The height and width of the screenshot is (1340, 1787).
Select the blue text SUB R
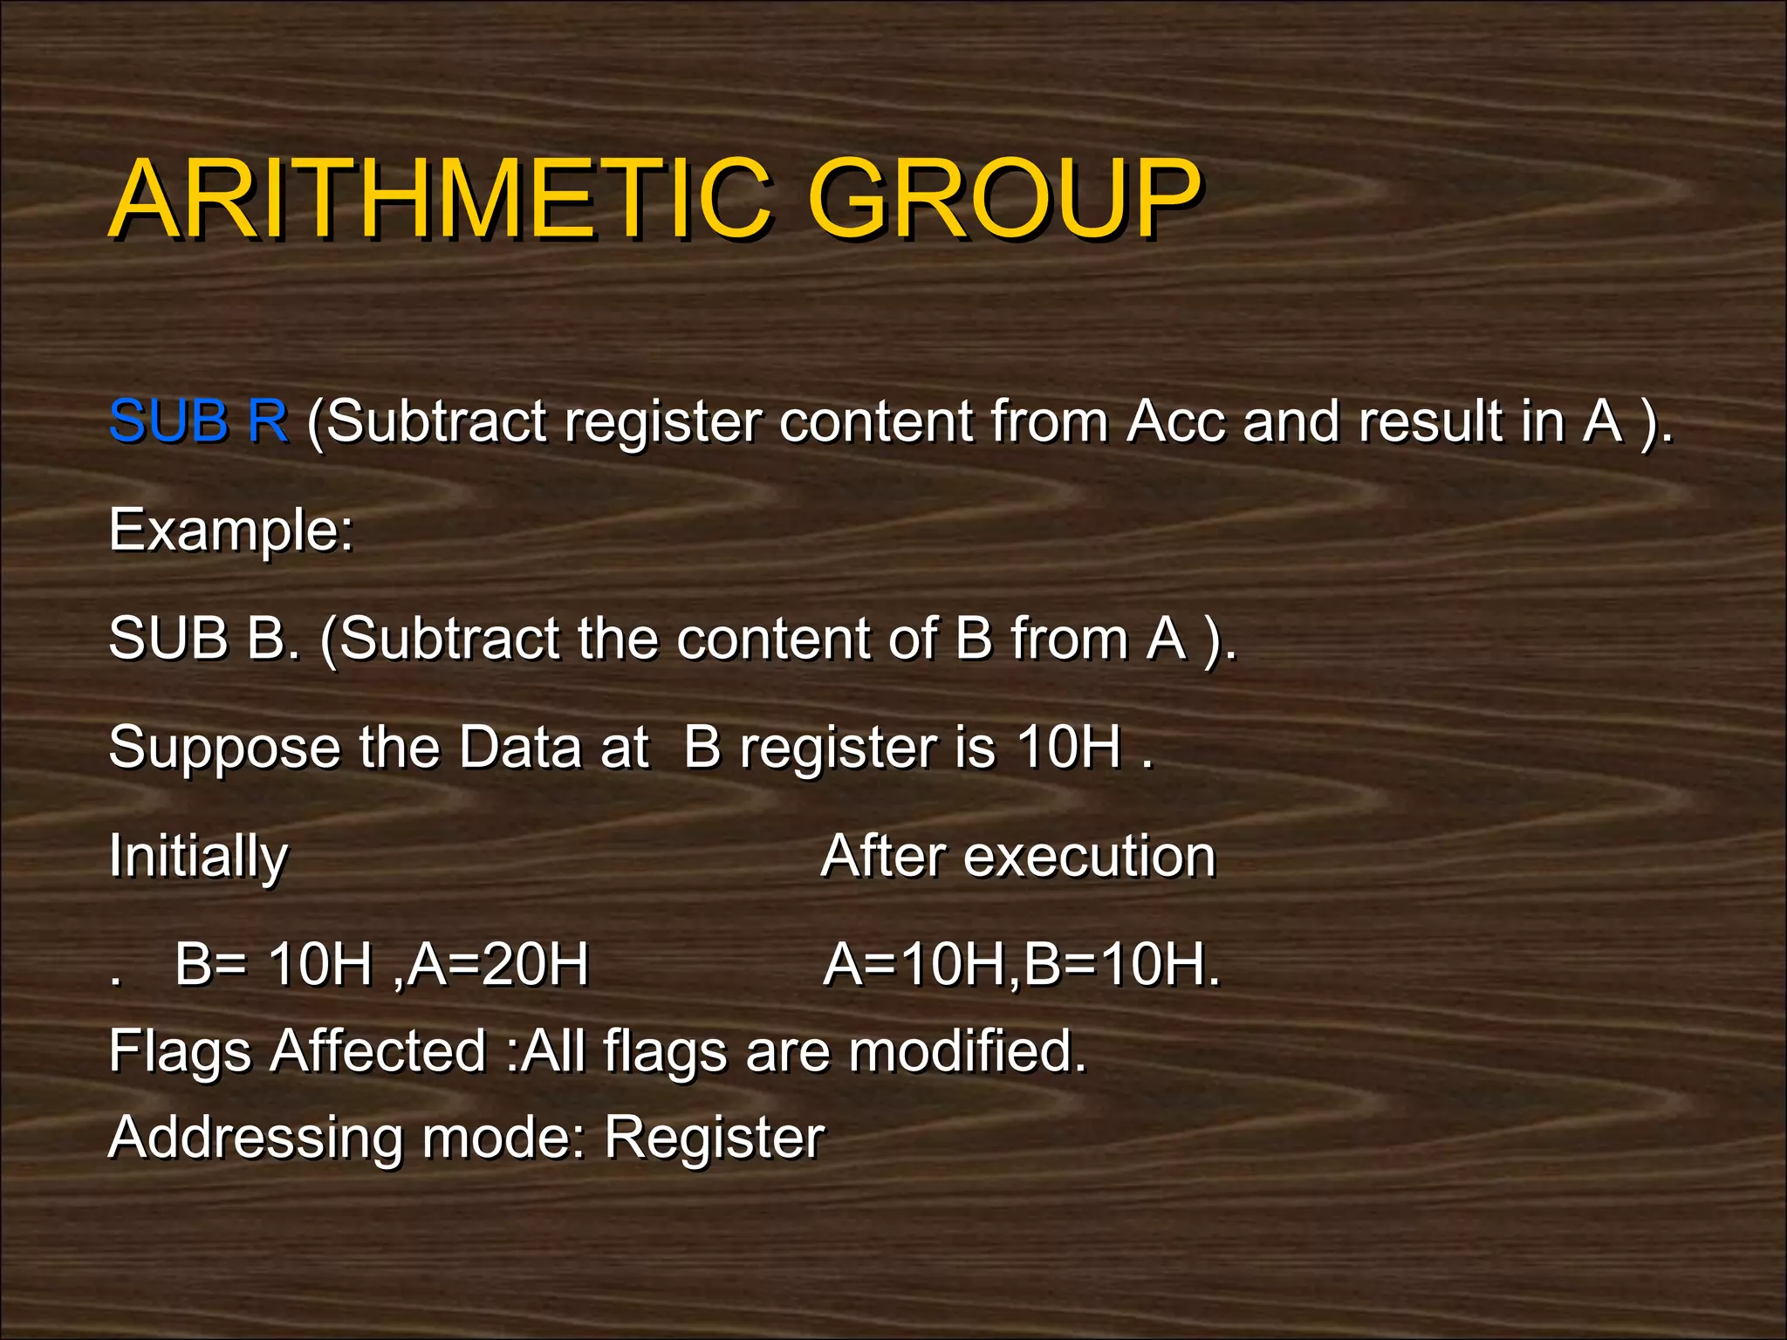click(198, 421)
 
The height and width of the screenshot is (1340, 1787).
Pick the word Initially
click(198, 857)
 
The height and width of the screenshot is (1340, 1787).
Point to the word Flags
click(181, 1052)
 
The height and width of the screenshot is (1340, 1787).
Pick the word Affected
click(377, 1050)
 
